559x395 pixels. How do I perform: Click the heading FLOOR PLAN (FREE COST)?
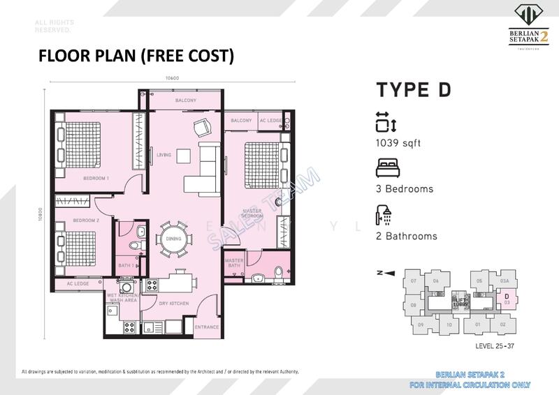[136, 56]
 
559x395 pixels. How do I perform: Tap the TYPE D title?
[414, 90]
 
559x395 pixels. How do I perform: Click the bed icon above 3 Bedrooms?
[386, 168]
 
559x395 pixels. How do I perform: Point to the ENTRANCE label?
[208, 327]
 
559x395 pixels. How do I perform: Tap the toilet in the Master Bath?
[279, 271]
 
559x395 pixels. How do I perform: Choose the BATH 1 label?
[126, 265]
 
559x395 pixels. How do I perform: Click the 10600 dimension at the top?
[172, 78]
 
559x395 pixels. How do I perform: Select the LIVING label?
[164, 155]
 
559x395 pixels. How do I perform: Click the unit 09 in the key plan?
[421, 325]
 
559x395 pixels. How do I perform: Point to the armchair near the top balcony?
[201, 127]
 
